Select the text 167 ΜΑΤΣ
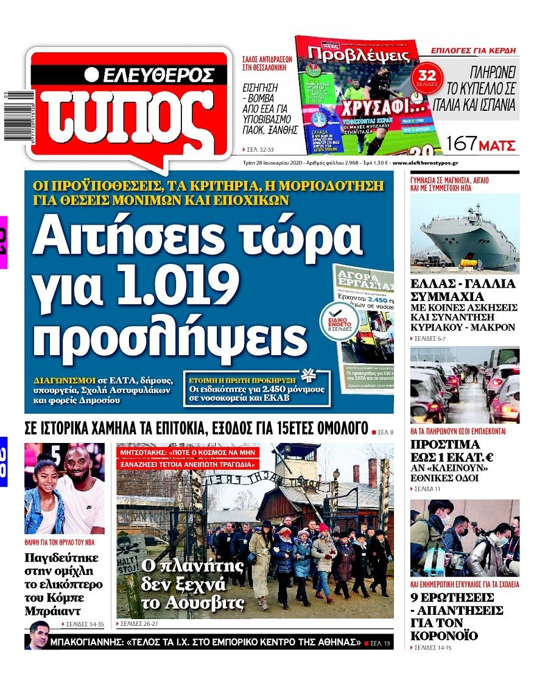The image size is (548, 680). coord(481,145)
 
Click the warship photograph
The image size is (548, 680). coord(465,232)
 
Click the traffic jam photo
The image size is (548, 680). coord(465,385)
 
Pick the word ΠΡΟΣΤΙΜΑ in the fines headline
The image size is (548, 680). coord(454,444)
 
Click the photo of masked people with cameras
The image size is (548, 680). coord(465,538)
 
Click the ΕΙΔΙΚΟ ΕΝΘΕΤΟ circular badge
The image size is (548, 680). coord(339,316)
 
